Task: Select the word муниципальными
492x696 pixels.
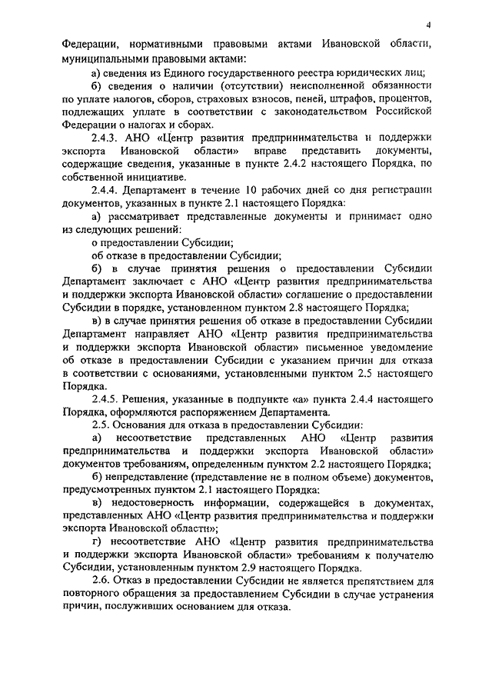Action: [x=105, y=58]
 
